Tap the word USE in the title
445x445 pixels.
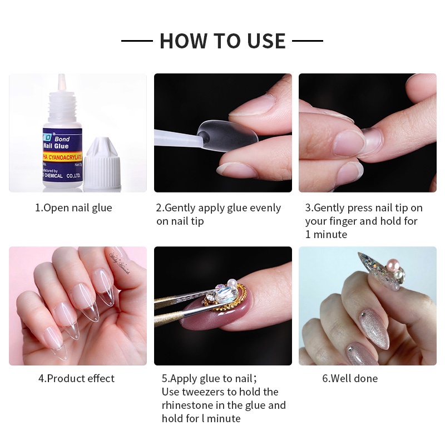(x=263, y=41)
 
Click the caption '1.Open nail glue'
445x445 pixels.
(x=73, y=208)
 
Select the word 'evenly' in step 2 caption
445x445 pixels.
(x=264, y=208)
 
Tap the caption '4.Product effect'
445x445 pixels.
(x=76, y=379)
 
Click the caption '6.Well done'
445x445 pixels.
(x=350, y=379)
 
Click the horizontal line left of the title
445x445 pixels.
(x=137, y=41)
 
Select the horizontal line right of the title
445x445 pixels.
(x=308, y=41)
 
